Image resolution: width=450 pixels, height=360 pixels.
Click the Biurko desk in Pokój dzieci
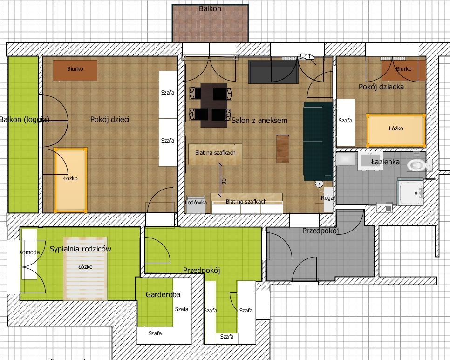point(75,71)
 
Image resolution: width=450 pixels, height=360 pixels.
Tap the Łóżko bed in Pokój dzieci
point(70,180)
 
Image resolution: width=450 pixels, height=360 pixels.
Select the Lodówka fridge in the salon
point(196,204)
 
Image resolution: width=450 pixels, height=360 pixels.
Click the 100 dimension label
point(224,180)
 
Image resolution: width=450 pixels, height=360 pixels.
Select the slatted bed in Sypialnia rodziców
point(86,269)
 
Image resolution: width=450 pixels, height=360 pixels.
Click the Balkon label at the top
point(210,8)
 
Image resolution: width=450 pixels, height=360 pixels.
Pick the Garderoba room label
point(163,295)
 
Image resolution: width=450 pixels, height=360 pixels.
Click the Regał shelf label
point(328,198)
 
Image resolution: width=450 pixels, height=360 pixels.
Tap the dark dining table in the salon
point(214,105)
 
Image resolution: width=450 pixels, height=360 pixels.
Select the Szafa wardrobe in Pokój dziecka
point(346,123)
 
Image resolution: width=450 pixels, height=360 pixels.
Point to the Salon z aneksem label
point(259,121)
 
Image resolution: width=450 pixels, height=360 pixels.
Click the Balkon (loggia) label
point(25,120)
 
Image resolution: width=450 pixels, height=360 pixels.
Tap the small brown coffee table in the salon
point(283,149)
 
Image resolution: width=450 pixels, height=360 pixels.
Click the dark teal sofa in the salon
point(318,142)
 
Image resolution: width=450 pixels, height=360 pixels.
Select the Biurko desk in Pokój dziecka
point(404,69)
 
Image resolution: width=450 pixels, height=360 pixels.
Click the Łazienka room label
point(385,162)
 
